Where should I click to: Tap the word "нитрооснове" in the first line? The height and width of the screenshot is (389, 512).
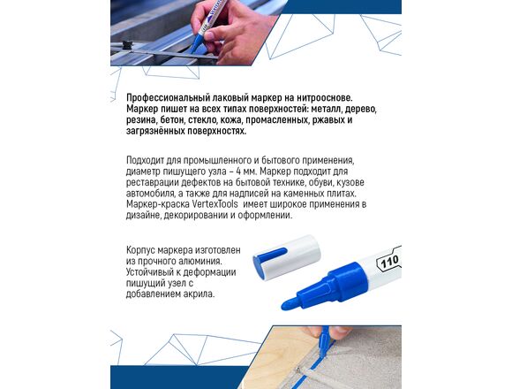pos(325,98)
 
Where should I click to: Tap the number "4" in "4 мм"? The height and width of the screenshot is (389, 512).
pos(240,172)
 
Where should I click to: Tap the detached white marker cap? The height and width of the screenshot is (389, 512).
pos(287,257)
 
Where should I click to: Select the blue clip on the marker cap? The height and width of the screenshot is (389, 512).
pos(271,254)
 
